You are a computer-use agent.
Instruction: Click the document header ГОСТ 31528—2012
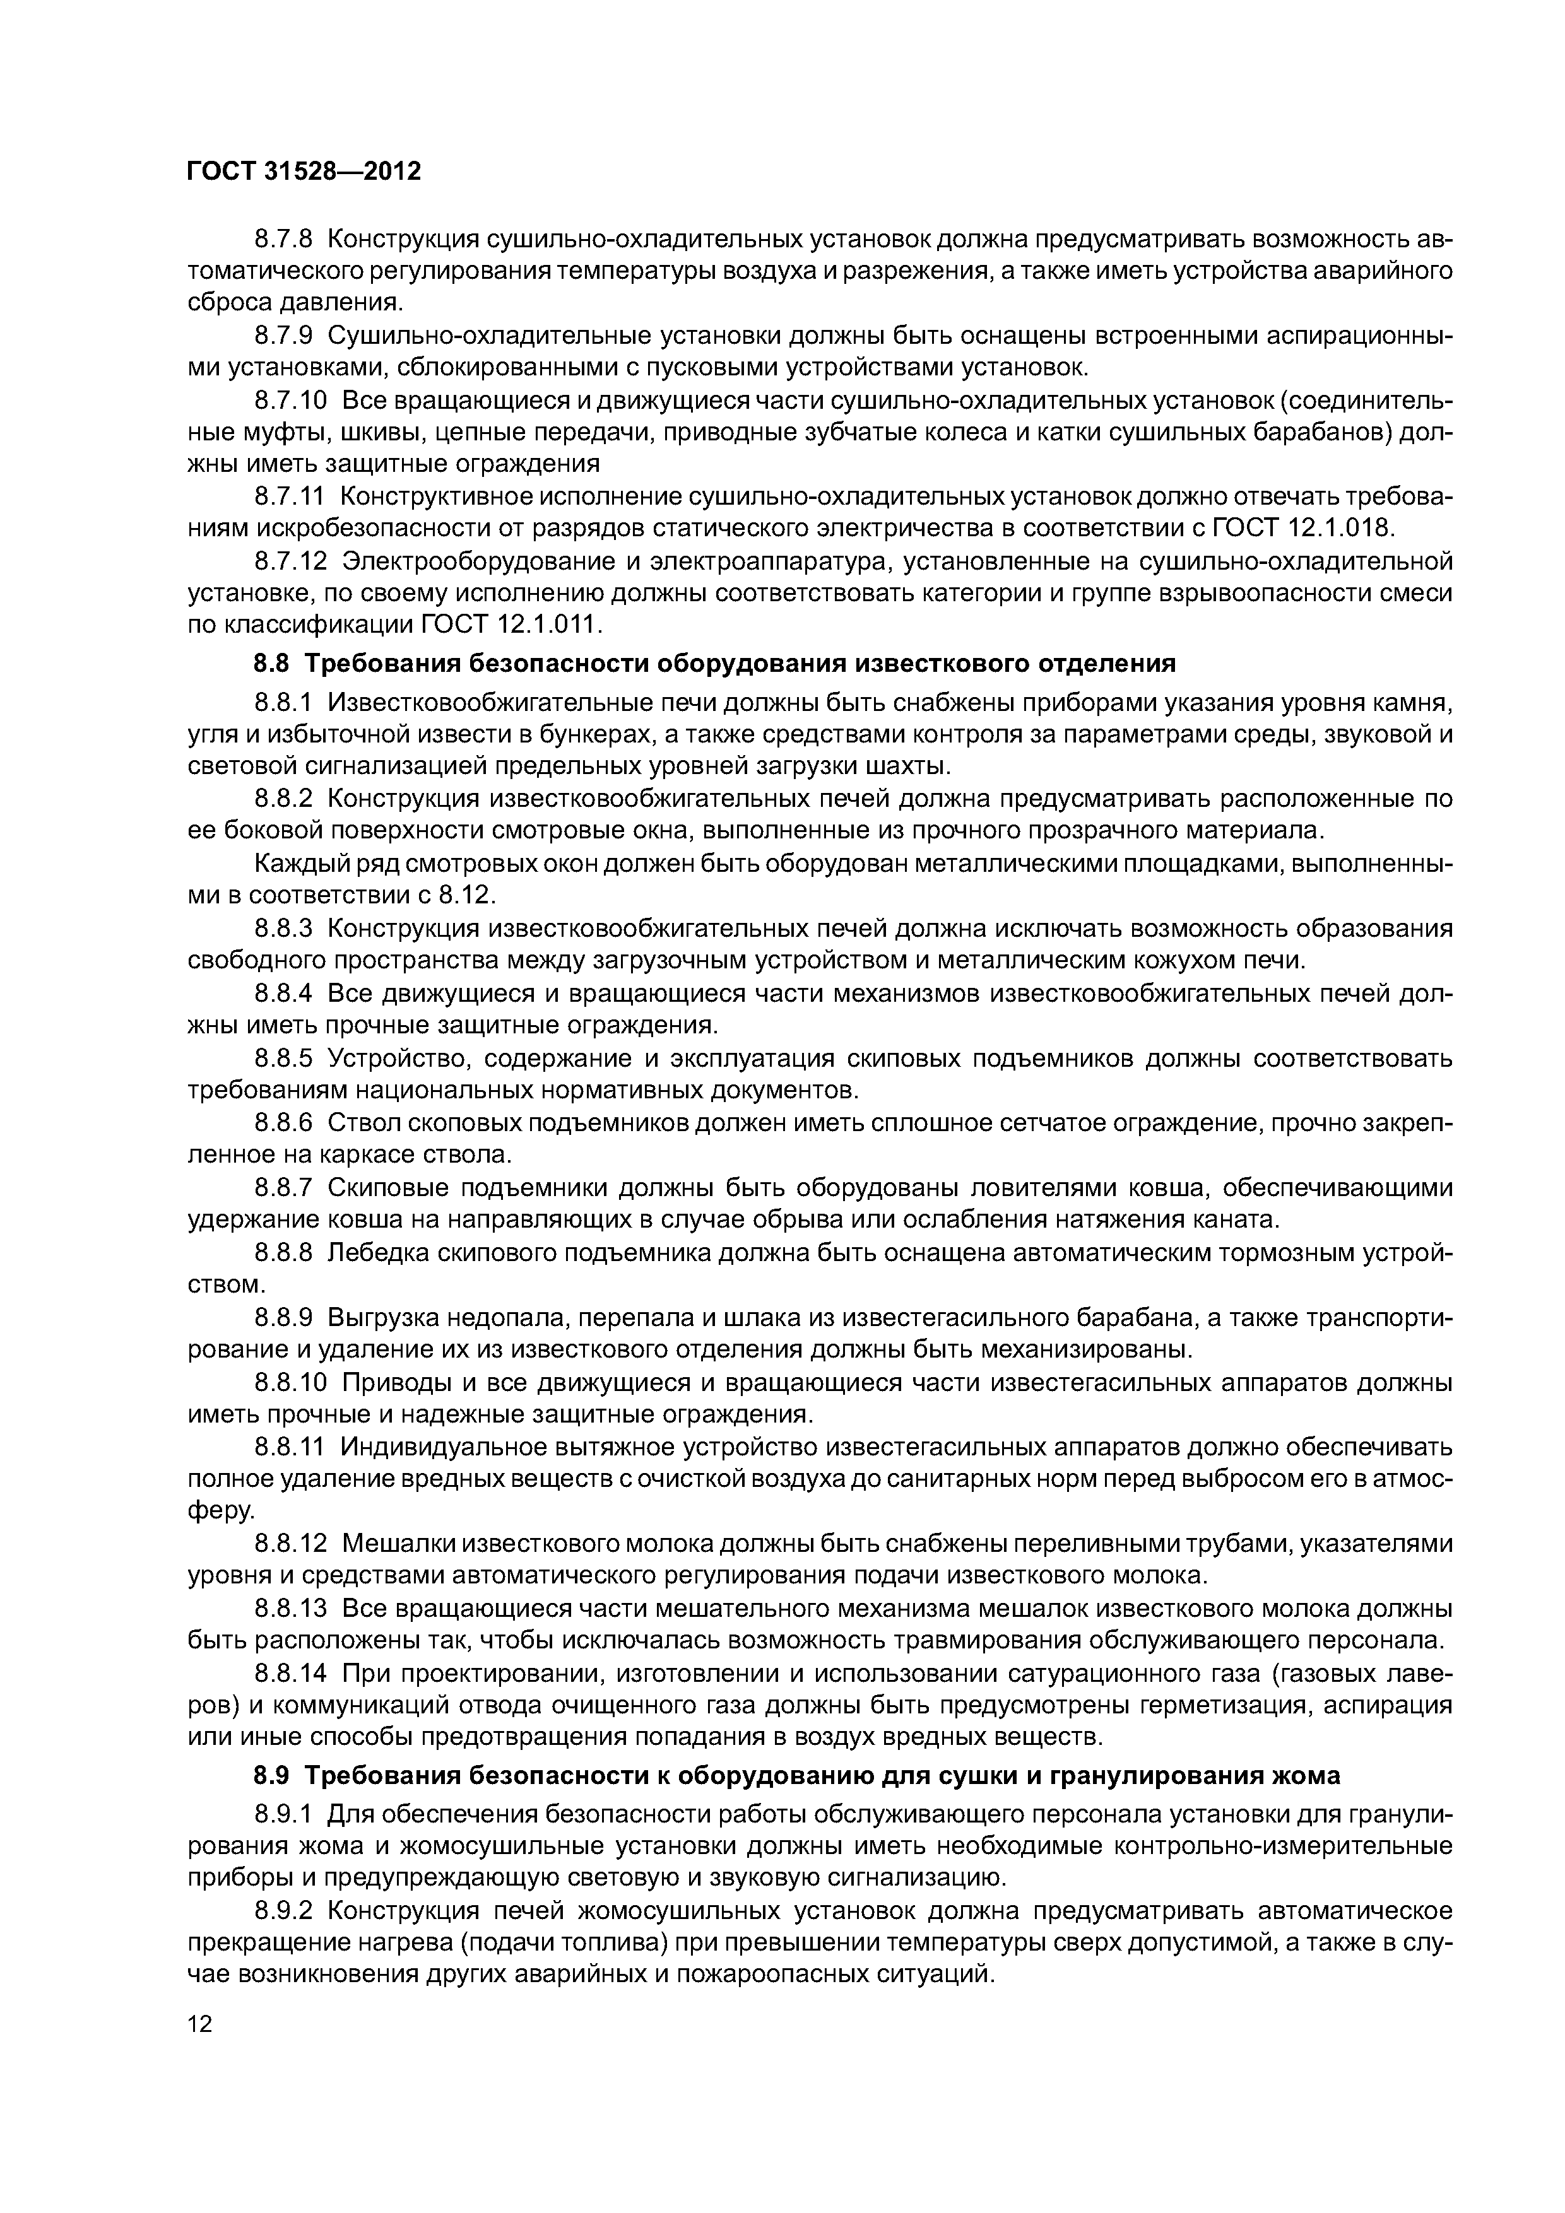tap(304, 172)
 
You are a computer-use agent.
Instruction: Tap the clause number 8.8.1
tap(285, 703)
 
